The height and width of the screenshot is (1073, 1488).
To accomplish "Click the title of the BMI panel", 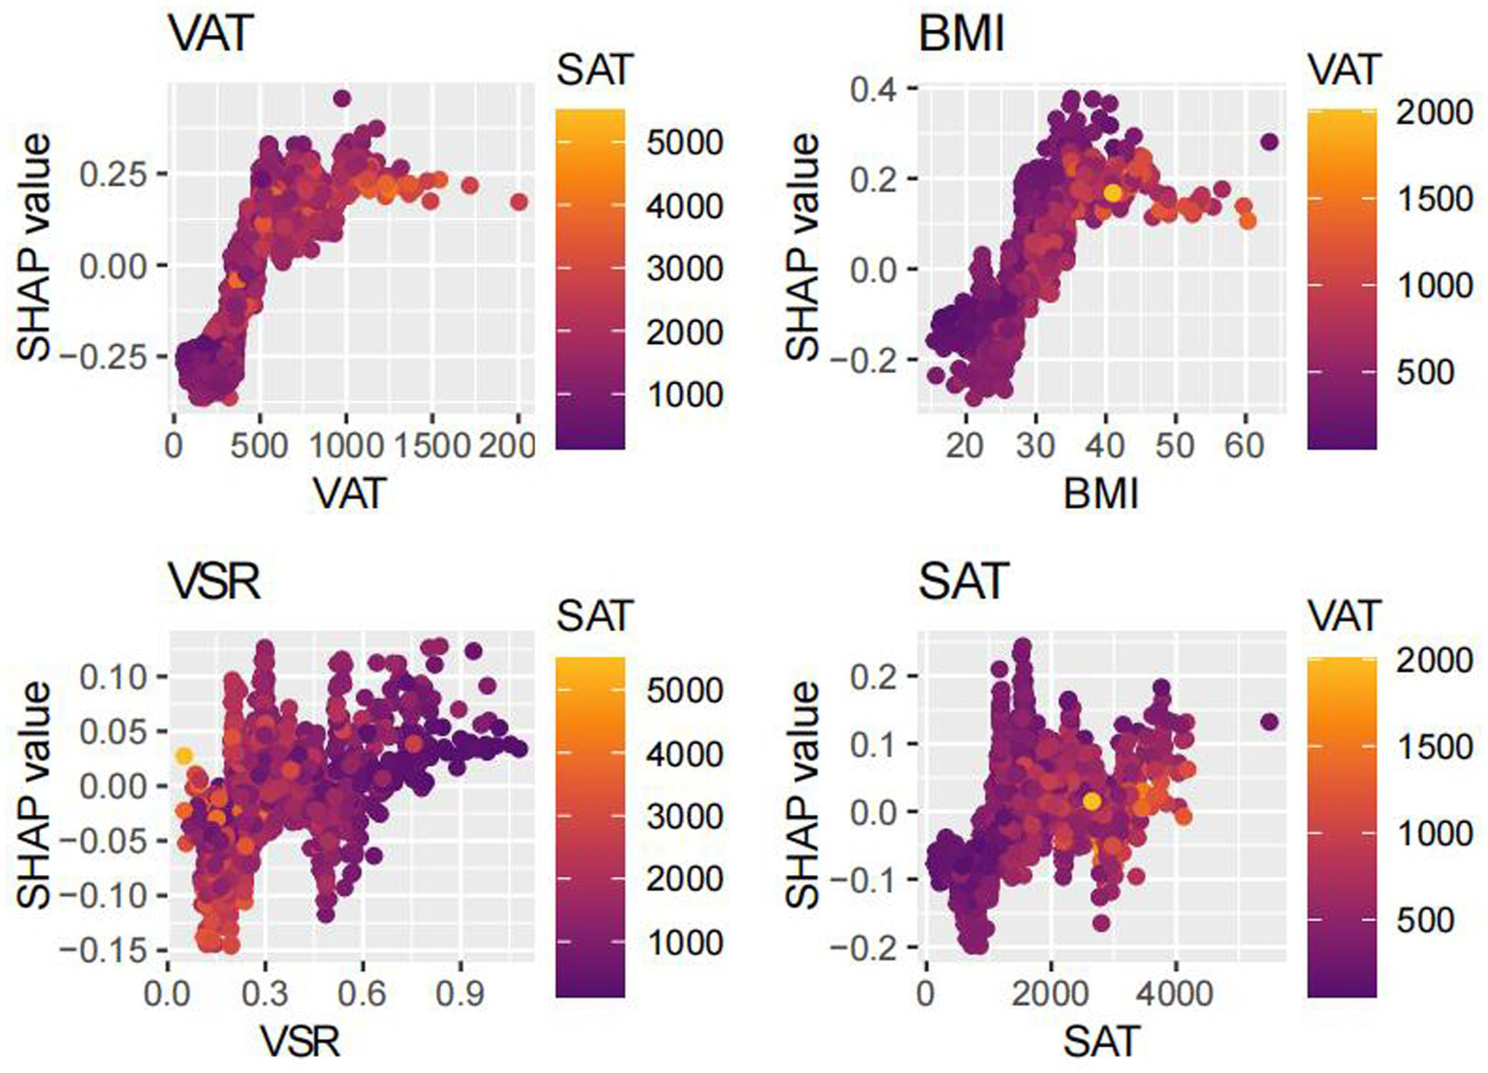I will click(x=961, y=35).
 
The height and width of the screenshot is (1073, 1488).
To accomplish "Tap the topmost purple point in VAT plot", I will click(x=341, y=98).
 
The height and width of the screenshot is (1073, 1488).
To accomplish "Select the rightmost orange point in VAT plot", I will click(x=519, y=202).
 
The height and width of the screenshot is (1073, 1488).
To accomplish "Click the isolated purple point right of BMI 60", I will click(x=1269, y=142).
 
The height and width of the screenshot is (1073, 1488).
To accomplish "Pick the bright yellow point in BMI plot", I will click(x=1112, y=193).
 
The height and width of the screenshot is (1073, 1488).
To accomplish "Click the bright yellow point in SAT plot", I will click(x=1092, y=801).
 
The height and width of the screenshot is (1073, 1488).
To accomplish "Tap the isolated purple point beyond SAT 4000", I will click(x=1269, y=722).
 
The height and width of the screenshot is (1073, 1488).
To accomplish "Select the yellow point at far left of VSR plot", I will click(x=184, y=755).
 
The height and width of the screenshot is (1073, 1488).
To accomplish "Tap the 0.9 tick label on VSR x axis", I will click(x=459, y=994).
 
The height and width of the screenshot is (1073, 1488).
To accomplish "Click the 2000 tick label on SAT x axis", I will click(x=1050, y=994).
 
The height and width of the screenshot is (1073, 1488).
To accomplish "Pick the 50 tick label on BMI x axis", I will click(x=1175, y=445).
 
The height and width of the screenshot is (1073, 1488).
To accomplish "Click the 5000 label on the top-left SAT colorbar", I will click(x=684, y=142).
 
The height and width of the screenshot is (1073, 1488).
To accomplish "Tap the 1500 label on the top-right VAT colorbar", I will click(x=1434, y=199).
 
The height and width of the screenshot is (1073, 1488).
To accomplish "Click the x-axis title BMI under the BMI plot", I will click(x=1100, y=494).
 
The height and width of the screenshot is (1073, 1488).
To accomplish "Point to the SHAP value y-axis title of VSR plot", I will click(x=34, y=794).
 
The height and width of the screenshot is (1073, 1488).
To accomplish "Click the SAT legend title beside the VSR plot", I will click(x=594, y=616).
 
